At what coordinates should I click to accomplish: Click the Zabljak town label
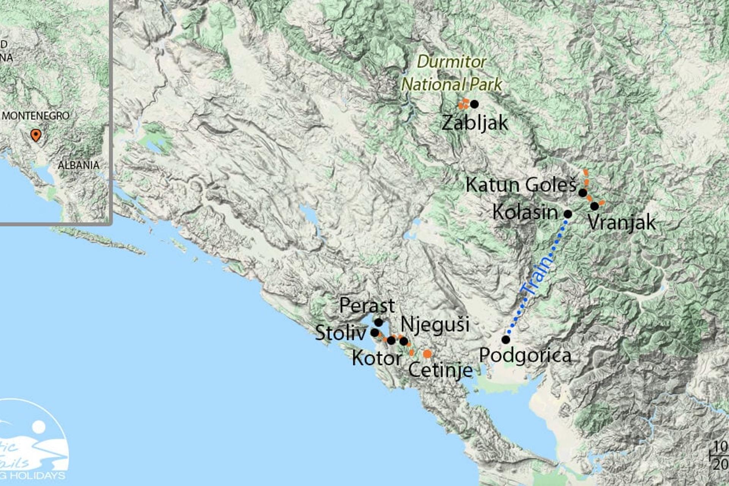(475, 123)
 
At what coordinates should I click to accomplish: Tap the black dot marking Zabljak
(474, 104)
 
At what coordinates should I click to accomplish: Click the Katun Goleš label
(521, 185)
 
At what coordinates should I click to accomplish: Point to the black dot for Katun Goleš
(583, 193)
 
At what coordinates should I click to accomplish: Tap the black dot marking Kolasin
(568, 214)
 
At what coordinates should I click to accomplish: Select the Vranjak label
(622, 222)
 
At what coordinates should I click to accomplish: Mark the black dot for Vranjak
(595, 206)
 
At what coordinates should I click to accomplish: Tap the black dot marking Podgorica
(506, 339)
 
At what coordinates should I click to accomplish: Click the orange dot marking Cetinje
(427, 354)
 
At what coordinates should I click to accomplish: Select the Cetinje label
(440, 370)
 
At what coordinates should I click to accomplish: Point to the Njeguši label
(435, 325)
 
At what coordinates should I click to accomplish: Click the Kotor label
(377, 358)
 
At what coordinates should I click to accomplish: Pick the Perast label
(367, 306)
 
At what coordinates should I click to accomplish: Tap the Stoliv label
(340, 333)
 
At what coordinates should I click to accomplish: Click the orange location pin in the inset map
(36, 135)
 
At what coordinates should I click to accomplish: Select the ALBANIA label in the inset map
(79, 165)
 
